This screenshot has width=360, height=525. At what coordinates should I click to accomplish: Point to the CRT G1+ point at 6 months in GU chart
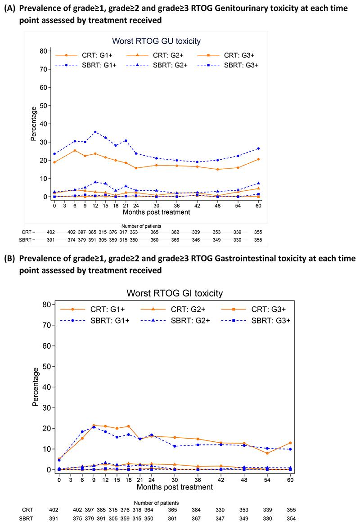click(75, 150)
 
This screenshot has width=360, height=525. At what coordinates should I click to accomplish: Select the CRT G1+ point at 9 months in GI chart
click(94, 425)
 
